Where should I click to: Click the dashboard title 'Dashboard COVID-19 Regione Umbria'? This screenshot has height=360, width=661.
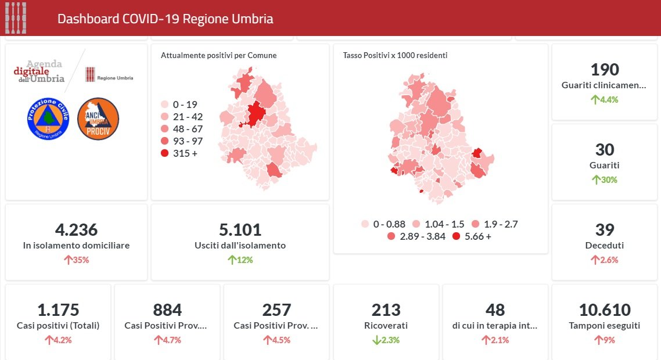click(165, 19)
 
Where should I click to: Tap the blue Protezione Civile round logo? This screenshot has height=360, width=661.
click(48, 118)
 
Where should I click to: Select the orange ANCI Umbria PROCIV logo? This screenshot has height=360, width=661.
click(98, 118)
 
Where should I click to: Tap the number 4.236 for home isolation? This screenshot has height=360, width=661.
click(76, 229)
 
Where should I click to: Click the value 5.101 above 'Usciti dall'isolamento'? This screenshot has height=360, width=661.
click(240, 229)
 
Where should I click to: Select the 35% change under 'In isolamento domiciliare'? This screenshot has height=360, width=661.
click(76, 260)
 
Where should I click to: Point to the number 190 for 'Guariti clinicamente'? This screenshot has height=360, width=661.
click(605, 70)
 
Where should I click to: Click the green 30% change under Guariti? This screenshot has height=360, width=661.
click(605, 179)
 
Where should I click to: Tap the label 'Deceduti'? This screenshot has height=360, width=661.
click(605, 246)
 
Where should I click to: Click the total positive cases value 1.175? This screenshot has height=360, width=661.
click(58, 309)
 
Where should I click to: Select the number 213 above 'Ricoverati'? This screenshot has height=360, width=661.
click(386, 309)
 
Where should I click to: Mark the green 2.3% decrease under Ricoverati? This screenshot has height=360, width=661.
click(386, 340)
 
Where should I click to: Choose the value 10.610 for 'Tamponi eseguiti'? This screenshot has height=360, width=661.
click(604, 309)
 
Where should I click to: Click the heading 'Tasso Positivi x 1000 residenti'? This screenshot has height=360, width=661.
click(395, 55)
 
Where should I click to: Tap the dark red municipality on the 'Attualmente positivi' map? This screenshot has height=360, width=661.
click(254, 114)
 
